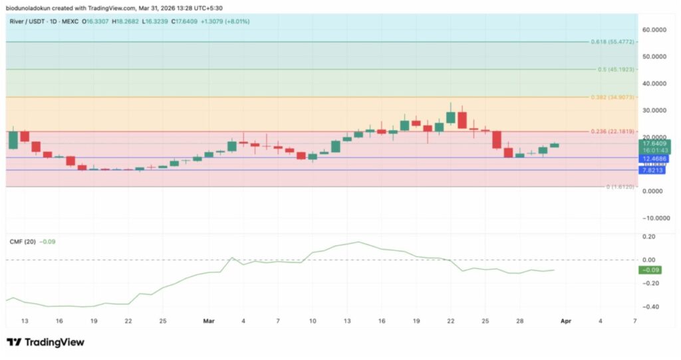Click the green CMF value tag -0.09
coord(649,270)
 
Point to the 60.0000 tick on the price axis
coord(655,30)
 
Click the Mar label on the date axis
coord(209,321)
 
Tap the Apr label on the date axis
coord(566,321)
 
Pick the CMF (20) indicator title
coord(22,242)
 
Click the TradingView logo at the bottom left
coord(45,342)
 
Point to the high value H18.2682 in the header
coord(124,21)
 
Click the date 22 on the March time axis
coord(450,321)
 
